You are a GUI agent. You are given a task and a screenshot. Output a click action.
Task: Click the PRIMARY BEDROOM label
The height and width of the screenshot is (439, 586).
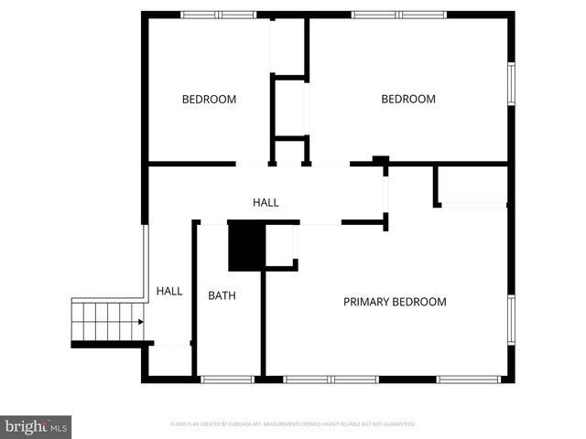tap(395, 302)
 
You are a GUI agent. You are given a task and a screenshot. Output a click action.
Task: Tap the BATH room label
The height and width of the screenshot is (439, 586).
tap(222, 295)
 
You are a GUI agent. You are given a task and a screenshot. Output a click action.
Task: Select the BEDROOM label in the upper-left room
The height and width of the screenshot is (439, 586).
tap(209, 100)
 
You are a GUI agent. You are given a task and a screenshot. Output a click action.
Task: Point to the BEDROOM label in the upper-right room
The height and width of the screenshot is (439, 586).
tap(408, 100)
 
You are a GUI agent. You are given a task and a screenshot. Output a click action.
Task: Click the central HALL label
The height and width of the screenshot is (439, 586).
tap(266, 202)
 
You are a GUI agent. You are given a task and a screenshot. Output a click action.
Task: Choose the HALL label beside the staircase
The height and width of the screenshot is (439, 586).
tap(168, 291)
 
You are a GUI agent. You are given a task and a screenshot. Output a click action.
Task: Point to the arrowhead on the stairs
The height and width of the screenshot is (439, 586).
tap(139, 321)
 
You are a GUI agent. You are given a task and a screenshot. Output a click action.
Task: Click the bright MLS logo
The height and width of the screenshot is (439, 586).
tap(37, 426)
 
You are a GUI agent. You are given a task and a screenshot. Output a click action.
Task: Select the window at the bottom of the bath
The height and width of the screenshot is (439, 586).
tap(227, 379)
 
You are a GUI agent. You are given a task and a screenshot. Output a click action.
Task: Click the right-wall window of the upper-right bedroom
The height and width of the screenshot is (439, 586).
tap(511, 90)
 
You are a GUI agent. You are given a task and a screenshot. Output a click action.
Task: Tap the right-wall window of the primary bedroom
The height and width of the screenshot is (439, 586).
tap(511, 320)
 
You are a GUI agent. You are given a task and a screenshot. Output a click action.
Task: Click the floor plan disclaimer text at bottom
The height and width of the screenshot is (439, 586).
tap(293, 424)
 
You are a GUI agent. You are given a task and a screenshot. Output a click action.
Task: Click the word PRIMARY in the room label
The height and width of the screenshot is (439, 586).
tap(366, 302)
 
